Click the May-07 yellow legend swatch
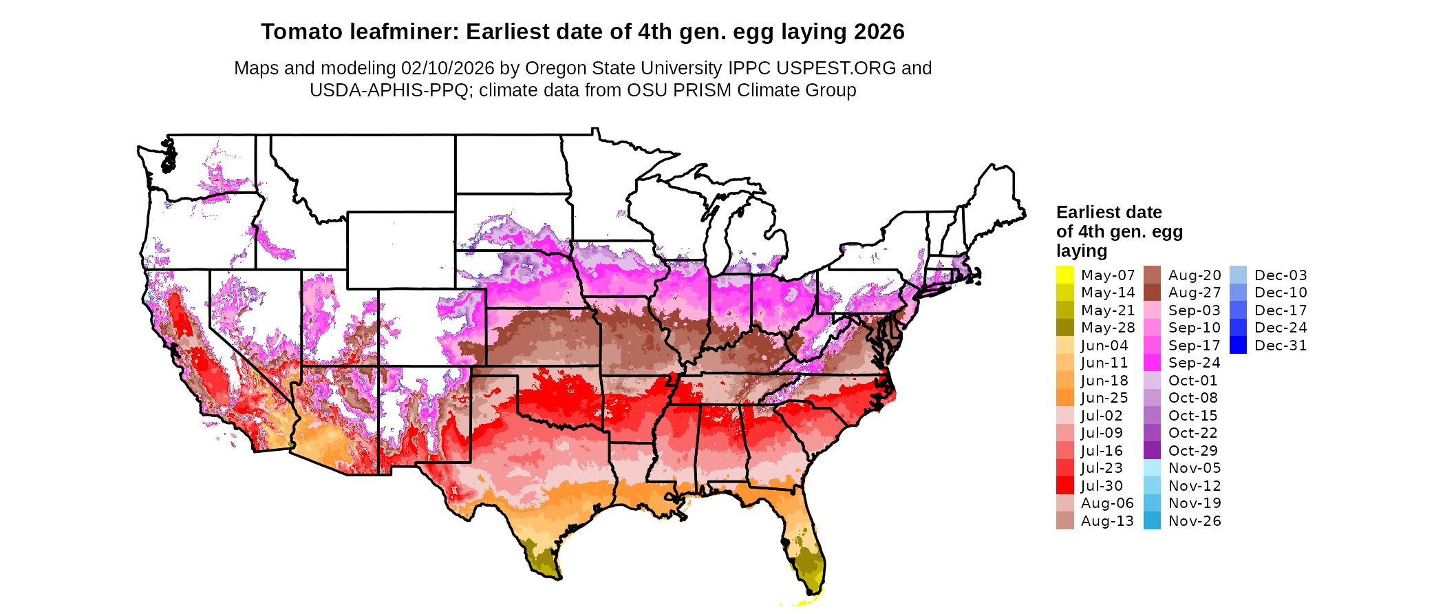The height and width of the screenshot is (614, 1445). point(1064,275)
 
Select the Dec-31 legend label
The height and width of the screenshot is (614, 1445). point(1281,346)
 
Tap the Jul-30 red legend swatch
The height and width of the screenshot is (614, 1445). point(1064,485)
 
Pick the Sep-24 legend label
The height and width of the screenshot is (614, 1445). point(1194,363)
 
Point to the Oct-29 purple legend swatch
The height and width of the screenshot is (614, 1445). point(1152,450)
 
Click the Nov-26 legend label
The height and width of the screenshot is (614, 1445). point(1195,521)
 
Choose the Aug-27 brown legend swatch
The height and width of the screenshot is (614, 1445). point(1152,293)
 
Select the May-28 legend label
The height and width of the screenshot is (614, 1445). point(1108,328)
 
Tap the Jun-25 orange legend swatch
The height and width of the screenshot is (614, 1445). point(1064,398)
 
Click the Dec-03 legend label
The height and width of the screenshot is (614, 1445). point(1281,275)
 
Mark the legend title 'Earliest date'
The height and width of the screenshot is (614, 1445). point(1109,212)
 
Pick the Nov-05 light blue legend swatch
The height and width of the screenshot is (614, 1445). point(1152,468)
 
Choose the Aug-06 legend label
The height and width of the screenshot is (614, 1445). point(1107,503)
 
